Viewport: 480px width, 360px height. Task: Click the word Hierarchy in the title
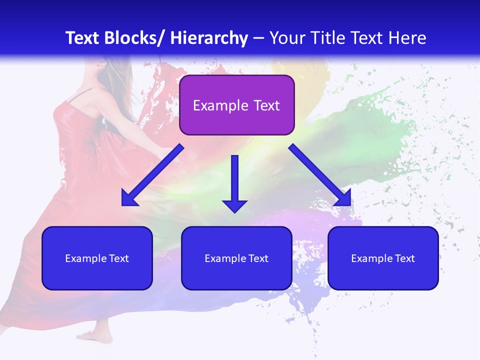click(208, 38)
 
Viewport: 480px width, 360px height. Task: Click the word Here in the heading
click(406, 38)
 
